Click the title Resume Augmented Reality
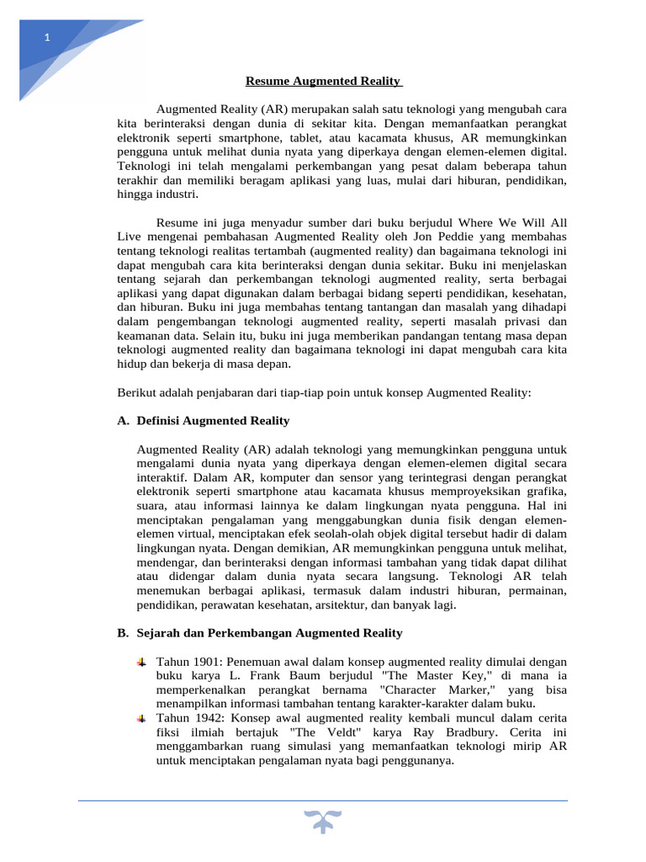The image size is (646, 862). pos(323,82)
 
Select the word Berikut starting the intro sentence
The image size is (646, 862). pos(137,393)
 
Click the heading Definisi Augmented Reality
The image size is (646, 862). pos(213,421)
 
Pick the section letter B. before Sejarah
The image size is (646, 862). pos(123,633)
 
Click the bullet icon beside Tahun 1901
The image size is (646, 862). pos(141,662)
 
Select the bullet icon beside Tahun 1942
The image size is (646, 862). pos(141,718)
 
